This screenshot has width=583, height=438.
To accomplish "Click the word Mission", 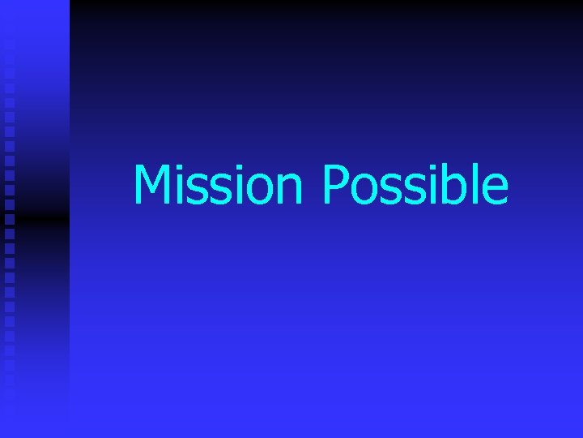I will tap(218, 185).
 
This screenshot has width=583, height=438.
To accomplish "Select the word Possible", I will tap(415, 185).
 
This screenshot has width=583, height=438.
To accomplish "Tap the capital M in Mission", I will tap(151, 185).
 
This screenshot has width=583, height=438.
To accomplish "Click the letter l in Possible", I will tap(476, 184).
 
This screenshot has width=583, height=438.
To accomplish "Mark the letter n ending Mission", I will tap(289, 191).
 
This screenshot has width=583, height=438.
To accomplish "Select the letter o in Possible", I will tap(366, 191).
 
